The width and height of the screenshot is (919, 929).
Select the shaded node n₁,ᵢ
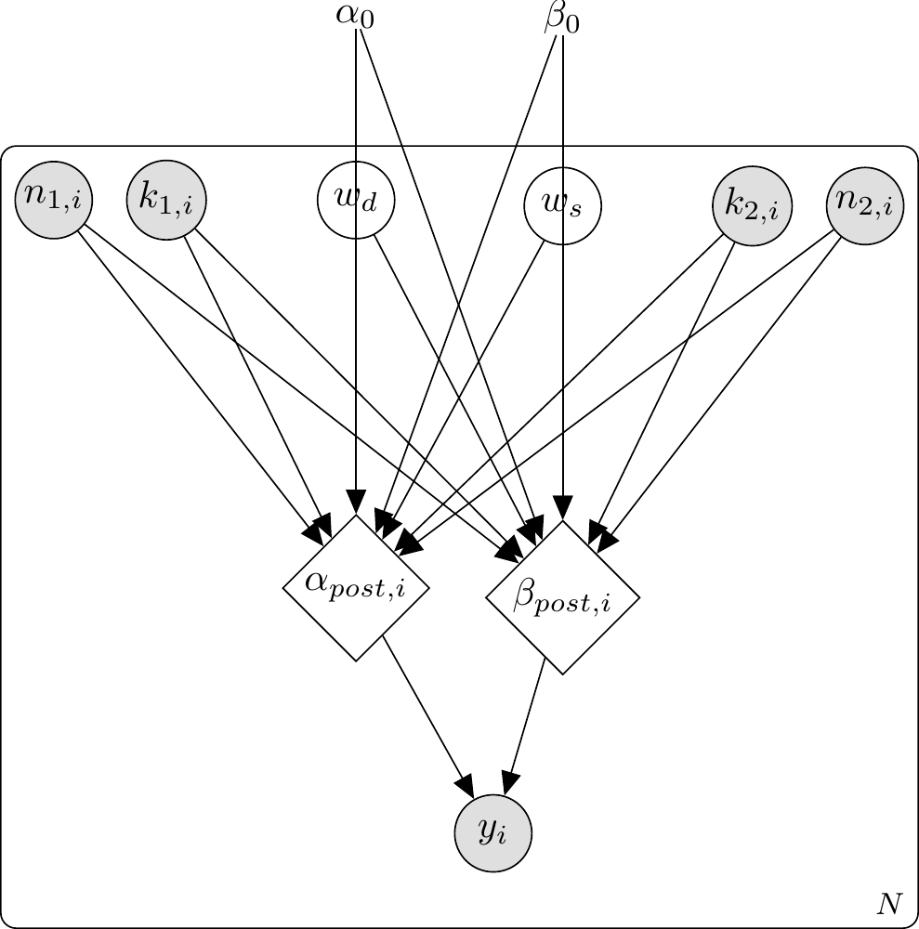tap(54, 200)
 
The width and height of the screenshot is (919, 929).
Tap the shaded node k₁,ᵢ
tap(166, 200)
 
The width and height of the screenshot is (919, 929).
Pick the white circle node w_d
tap(356, 200)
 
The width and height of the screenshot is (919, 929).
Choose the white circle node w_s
tap(562, 204)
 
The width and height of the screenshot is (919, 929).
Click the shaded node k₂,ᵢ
tap(752, 206)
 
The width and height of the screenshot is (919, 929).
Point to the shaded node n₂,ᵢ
tap(865, 206)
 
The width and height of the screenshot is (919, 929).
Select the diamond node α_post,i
tap(356, 587)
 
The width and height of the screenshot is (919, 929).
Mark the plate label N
tap(889, 903)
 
